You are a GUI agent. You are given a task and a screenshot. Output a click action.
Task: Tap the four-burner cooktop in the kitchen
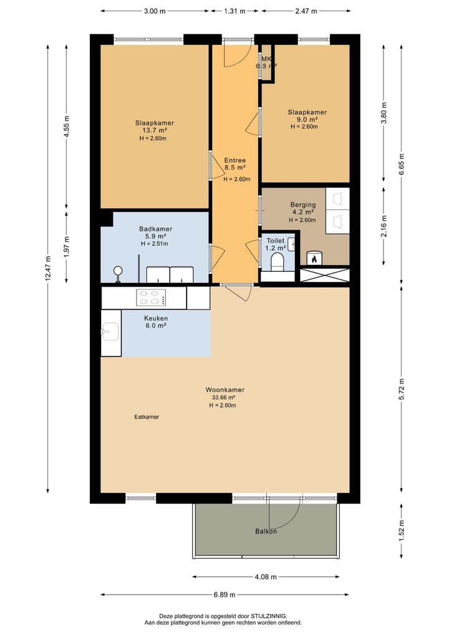151,297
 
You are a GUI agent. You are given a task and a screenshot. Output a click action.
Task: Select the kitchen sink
110,332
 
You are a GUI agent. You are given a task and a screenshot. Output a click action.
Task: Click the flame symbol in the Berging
314,258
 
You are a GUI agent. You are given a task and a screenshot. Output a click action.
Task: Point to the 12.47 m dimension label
48,269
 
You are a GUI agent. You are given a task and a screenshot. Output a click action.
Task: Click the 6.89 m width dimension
224,594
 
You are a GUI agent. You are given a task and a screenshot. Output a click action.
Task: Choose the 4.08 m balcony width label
266,577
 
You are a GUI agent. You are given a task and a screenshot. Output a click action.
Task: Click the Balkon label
266,531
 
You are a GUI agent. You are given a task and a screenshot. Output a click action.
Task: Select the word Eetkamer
147,417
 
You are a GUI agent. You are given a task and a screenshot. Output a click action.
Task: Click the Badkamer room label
156,229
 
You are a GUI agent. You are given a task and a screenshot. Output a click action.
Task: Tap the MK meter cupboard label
266,59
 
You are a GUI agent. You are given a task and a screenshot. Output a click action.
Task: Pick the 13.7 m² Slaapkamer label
155,130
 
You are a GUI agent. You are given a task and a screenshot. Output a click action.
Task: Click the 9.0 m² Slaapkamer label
307,119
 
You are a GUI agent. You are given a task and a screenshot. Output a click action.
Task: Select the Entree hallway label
235,160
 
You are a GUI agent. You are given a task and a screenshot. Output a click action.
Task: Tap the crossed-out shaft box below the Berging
325,275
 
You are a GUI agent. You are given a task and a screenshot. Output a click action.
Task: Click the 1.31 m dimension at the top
234,11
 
